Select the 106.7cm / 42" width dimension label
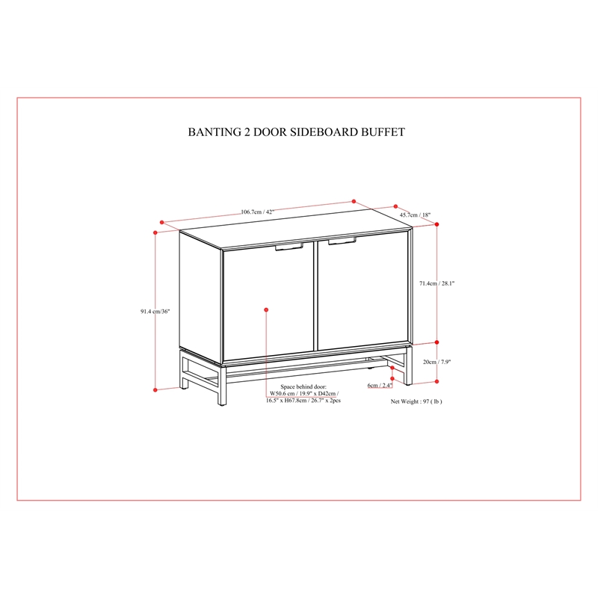tap(257, 212)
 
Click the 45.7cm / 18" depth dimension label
tap(415, 215)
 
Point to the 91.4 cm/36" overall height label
tap(155, 311)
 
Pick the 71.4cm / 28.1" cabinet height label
tap(437, 283)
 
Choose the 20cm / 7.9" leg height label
tap(437, 362)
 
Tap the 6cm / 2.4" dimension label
tap(380, 385)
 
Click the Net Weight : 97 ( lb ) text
tap(416, 401)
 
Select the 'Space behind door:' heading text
tap(303, 386)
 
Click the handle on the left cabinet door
tap(289, 247)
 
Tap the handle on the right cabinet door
tap(342, 241)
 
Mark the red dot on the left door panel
tap(266, 309)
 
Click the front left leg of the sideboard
tap(222, 385)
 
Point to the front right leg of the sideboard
tap(408, 366)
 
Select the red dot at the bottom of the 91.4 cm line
tap(155, 389)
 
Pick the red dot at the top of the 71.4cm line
tap(437, 224)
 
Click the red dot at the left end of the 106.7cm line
tap(161, 222)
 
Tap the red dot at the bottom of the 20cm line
tap(437, 381)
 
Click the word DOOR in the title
tap(270, 132)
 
